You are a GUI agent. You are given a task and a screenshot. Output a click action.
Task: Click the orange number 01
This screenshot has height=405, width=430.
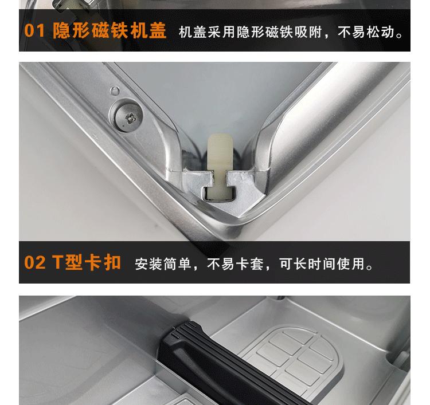click(34, 30)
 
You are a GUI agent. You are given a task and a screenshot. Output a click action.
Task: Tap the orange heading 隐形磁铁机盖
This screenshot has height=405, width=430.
click(110, 30)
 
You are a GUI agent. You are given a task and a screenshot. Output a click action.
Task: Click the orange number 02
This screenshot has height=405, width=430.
click(34, 262)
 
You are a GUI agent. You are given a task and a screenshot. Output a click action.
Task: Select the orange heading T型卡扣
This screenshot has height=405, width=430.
click(87, 262)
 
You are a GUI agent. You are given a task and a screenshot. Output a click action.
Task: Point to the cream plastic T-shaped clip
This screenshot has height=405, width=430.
click(220, 165)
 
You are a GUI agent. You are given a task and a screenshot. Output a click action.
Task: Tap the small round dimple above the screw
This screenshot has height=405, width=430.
click(115, 91)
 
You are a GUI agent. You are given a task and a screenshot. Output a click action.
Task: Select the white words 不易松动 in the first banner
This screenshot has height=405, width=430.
click(366, 32)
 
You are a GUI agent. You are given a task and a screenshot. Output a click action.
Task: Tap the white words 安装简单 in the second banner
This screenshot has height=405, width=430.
click(163, 264)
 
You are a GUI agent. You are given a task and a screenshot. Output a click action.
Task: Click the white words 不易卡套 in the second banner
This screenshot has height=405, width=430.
click(235, 264)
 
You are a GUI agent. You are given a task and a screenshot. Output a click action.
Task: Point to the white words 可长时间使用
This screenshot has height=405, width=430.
click(322, 264)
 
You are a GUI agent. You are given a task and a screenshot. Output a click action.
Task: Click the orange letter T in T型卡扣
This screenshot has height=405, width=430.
click(58, 262)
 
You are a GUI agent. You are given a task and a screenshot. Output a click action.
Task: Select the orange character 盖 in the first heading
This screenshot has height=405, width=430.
click(158, 30)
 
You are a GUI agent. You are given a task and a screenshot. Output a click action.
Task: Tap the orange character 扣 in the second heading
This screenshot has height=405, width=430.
click(112, 262)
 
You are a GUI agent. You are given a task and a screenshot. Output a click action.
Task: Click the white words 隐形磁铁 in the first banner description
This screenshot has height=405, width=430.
click(265, 32)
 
